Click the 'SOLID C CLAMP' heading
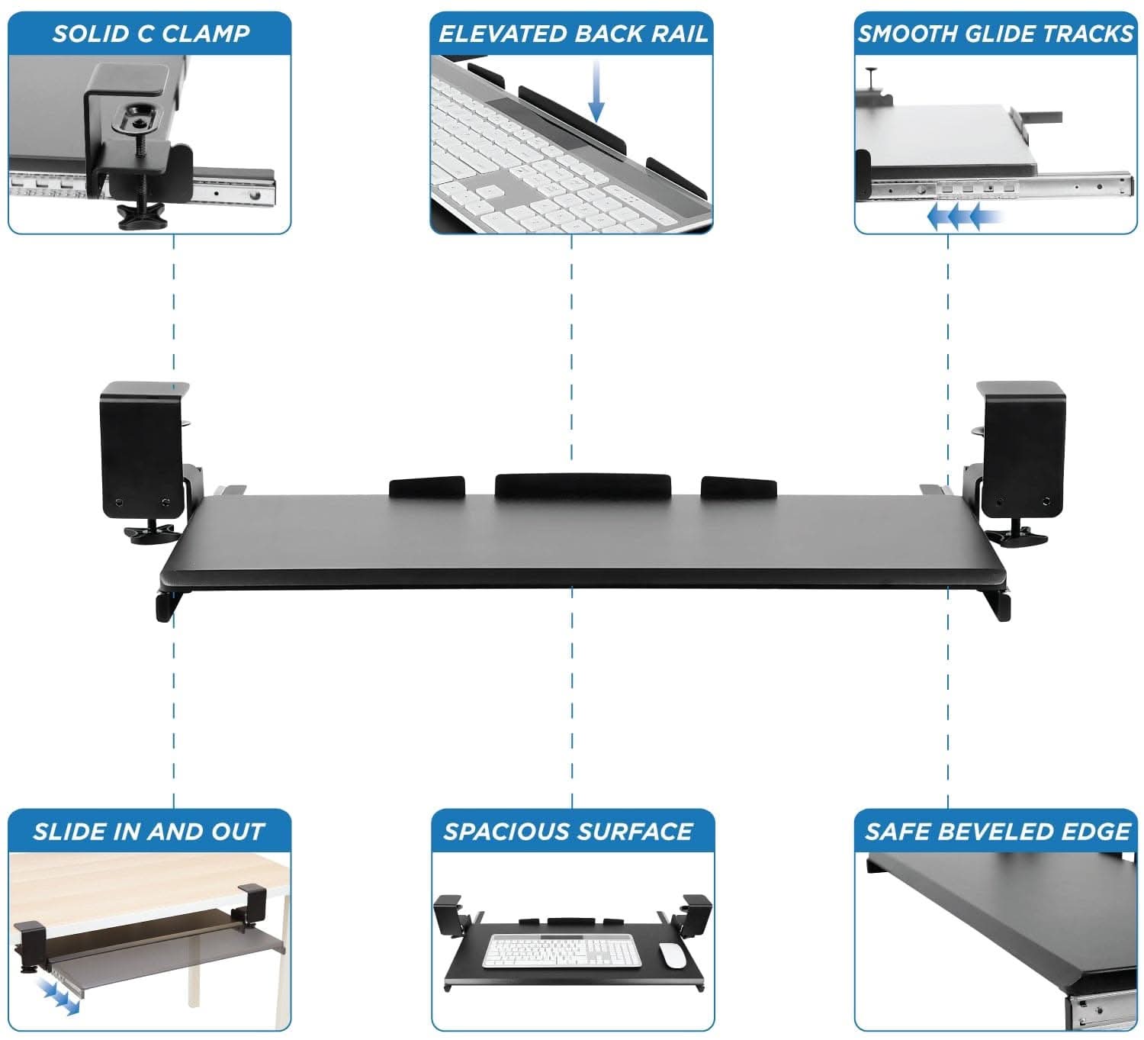[x=150, y=34]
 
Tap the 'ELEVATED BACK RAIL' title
[x=572, y=34]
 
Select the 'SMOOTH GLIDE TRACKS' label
[x=995, y=34]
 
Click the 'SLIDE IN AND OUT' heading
[x=149, y=831]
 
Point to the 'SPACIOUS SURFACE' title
[x=568, y=831]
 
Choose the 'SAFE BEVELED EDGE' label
[x=997, y=831]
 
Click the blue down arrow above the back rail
[x=596, y=92]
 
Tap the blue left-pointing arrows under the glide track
[x=958, y=217]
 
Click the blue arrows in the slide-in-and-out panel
[x=58, y=997]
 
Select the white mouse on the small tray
[x=671, y=955]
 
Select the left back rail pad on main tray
[x=426, y=487]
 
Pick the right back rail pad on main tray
[x=738, y=487]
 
